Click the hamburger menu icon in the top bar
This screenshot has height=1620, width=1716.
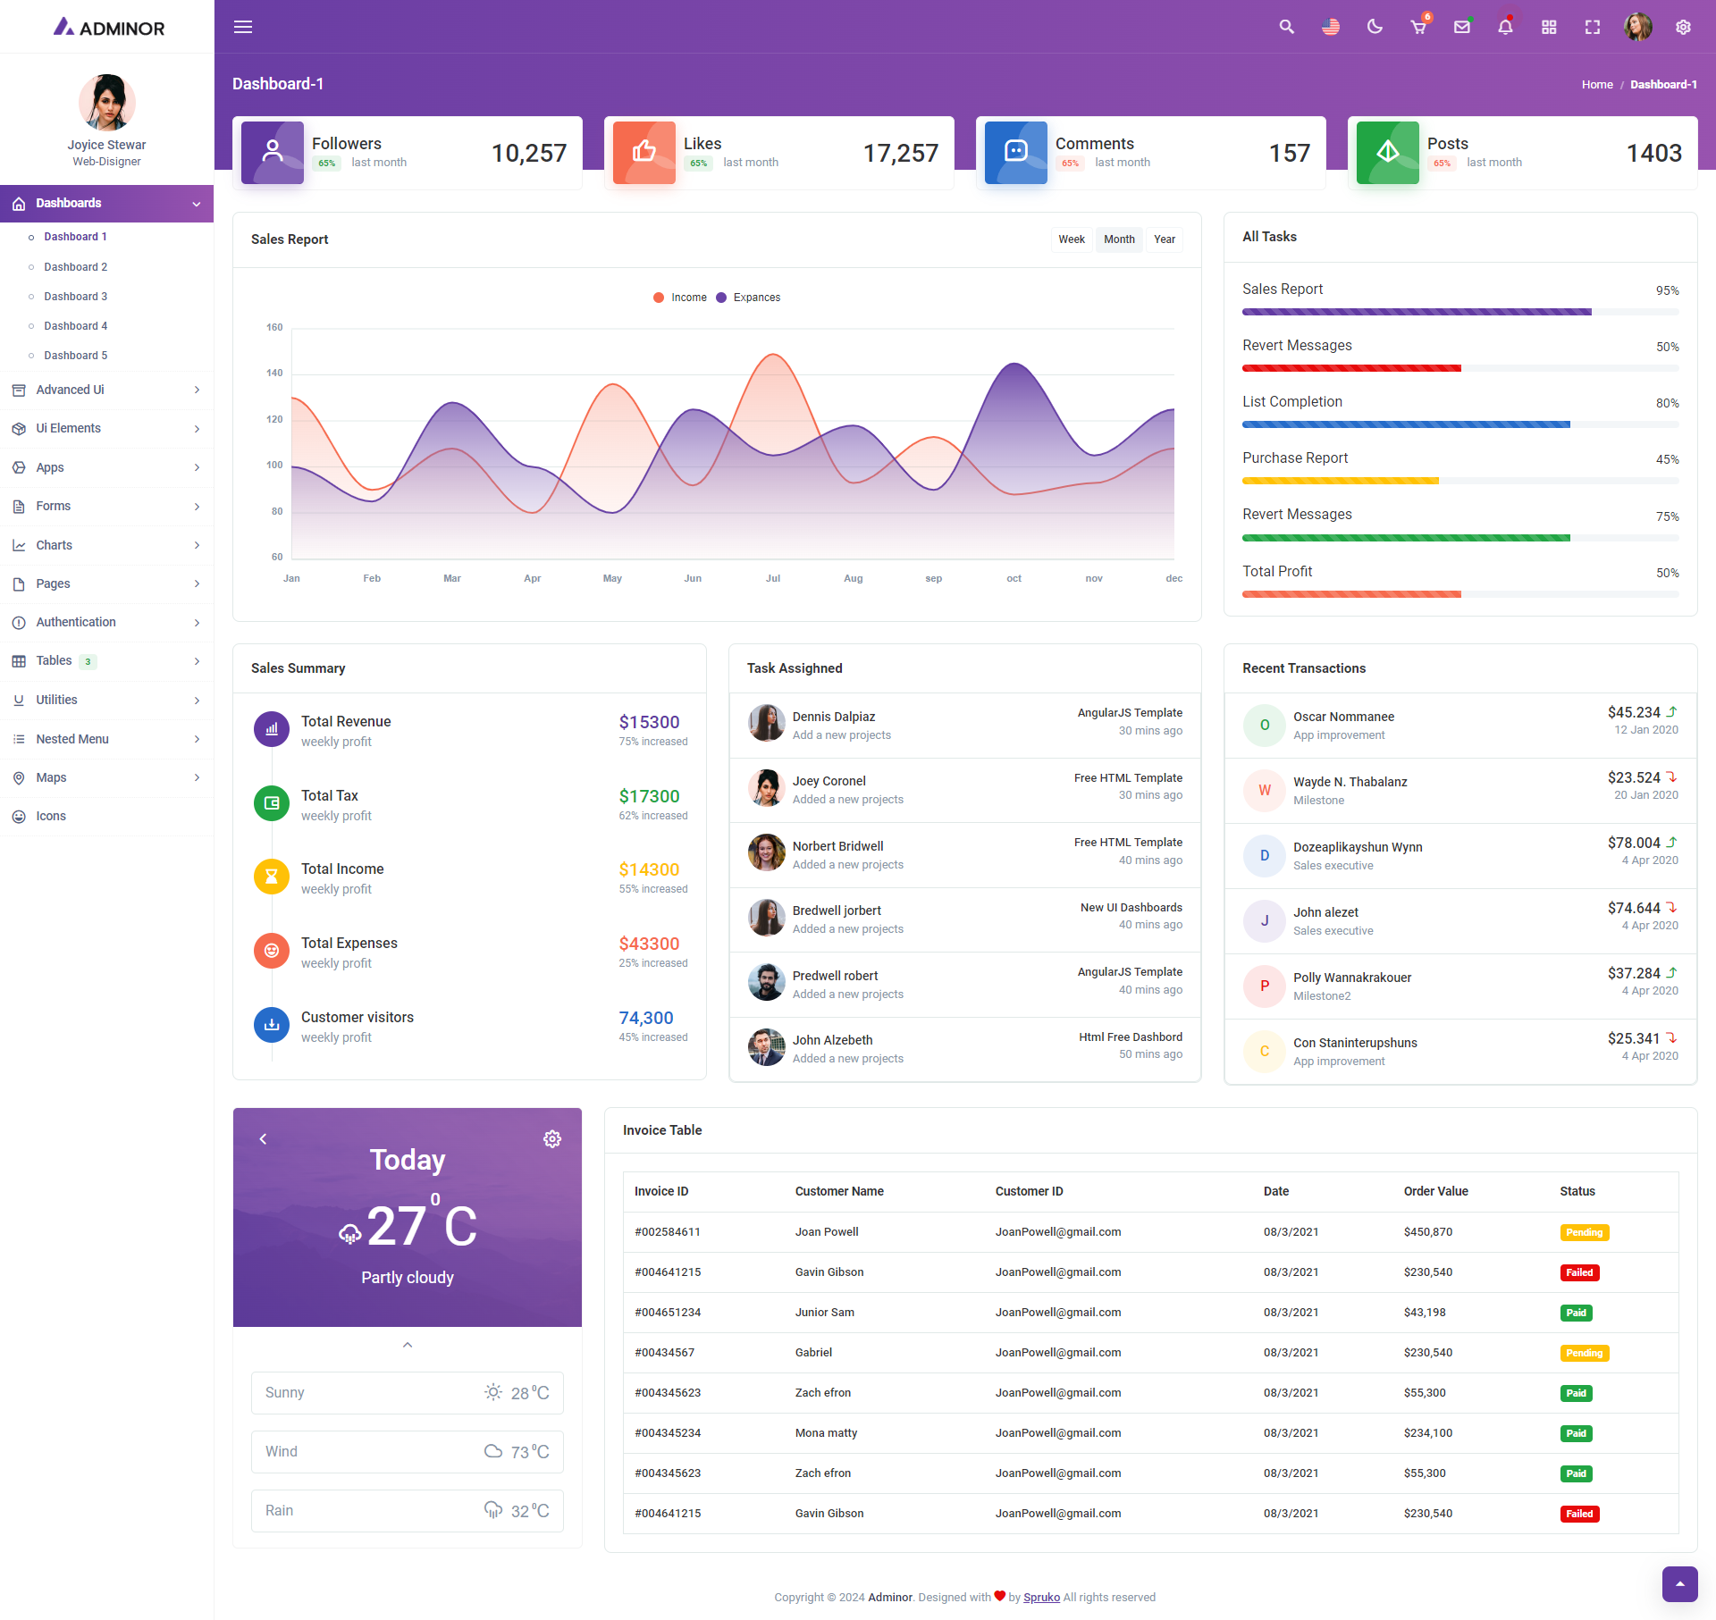point(243,27)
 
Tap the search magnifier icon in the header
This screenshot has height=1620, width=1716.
point(1286,27)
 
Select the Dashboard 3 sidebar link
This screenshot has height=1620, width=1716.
point(75,297)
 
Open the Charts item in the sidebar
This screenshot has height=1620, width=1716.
point(54,545)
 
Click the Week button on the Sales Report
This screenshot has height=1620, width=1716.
point(1071,239)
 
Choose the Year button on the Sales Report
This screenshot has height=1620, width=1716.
point(1164,239)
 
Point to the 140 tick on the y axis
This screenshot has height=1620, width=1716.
point(274,374)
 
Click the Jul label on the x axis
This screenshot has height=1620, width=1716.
point(773,579)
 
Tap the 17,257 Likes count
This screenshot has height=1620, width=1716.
point(900,154)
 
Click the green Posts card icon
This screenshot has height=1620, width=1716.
point(1387,153)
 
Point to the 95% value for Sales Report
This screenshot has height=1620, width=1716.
point(1667,290)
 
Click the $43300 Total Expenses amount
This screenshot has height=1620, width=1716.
point(649,944)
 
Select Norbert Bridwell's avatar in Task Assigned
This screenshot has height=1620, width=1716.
point(766,853)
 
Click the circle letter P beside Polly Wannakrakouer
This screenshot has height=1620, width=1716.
point(1264,986)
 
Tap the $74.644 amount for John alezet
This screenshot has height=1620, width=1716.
point(1633,908)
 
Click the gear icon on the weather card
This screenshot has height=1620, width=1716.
point(552,1139)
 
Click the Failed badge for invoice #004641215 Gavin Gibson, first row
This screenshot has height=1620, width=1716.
point(1578,1272)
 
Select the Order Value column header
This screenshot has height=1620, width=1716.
point(1435,1191)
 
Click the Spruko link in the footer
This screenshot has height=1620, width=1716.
point(1041,1598)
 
